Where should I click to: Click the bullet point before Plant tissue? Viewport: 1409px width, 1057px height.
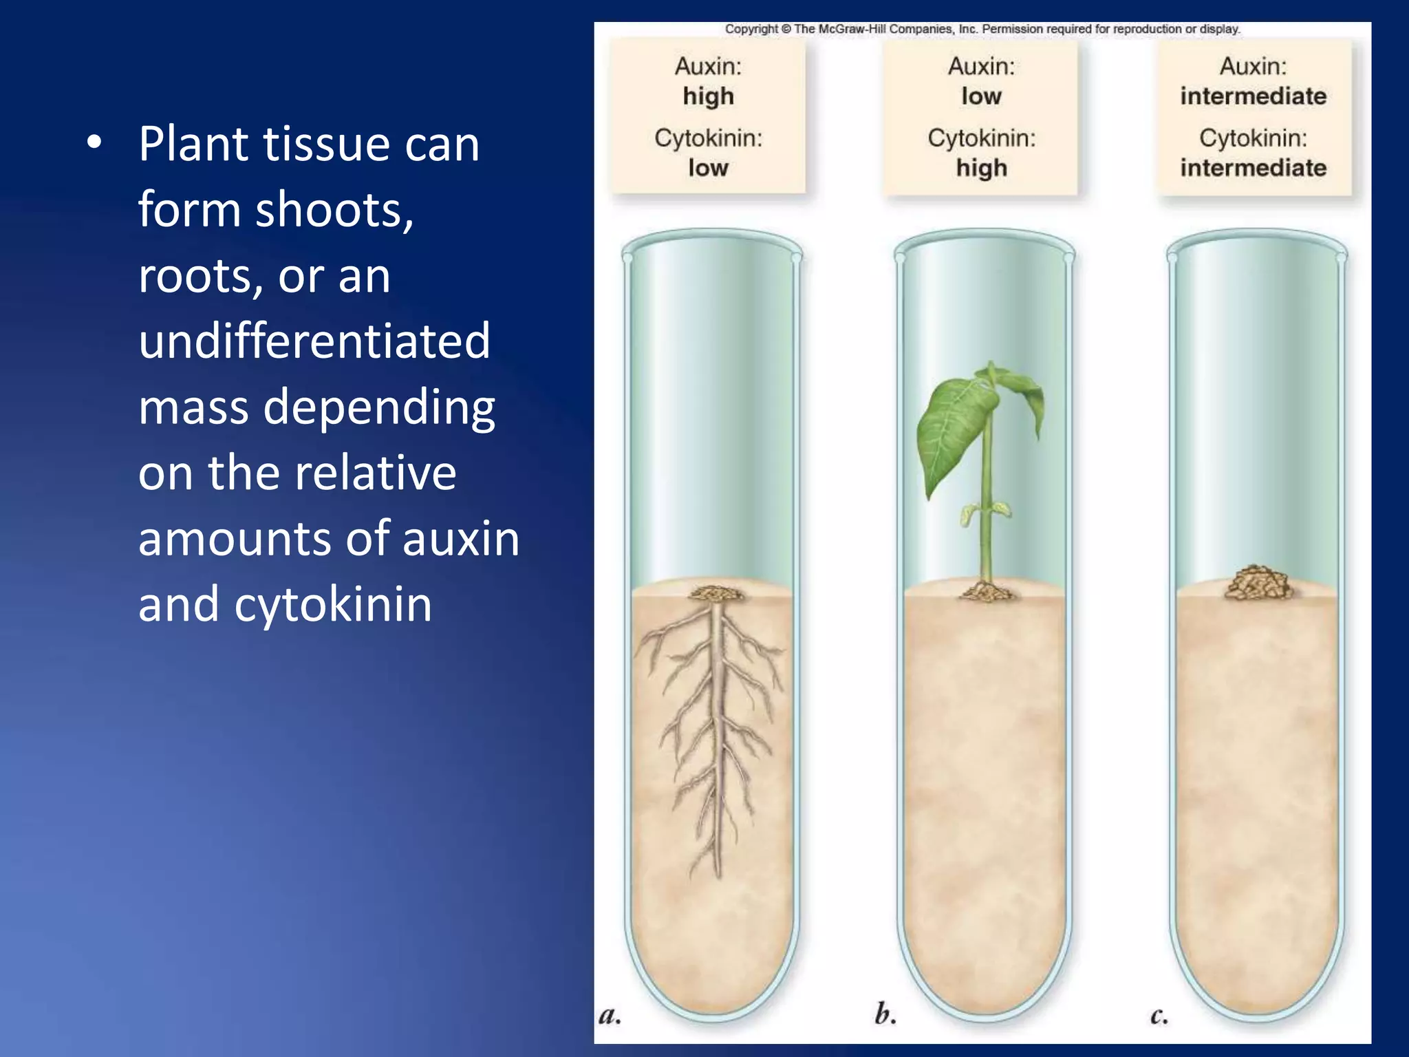(94, 143)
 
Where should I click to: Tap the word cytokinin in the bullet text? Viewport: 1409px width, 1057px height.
(333, 604)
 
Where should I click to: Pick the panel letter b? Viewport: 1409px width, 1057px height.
(885, 1014)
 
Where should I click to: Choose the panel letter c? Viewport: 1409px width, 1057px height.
(1159, 1016)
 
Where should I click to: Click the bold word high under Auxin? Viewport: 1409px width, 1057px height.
(708, 96)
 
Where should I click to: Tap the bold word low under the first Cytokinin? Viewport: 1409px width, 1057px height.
(708, 168)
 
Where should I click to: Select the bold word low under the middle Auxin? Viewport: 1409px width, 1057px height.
(981, 96)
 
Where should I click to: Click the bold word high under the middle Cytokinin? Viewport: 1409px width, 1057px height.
(981, 168)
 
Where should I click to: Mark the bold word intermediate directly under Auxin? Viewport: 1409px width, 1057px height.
(1253, 96)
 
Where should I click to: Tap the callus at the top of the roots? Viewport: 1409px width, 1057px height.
(716, 593)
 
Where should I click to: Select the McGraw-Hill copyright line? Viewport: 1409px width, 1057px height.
(982, 29)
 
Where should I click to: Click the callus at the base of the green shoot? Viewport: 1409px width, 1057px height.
(985, 591)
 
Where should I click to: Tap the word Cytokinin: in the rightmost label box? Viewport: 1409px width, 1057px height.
(1253, 138)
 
